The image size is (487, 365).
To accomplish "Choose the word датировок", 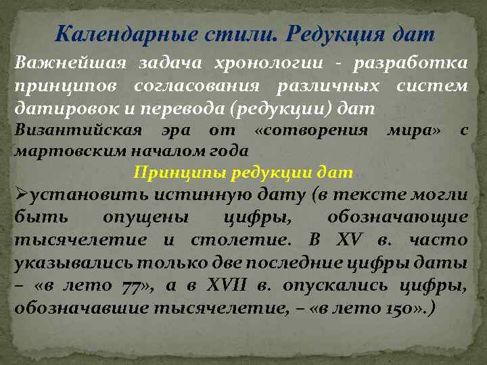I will point(56,107).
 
